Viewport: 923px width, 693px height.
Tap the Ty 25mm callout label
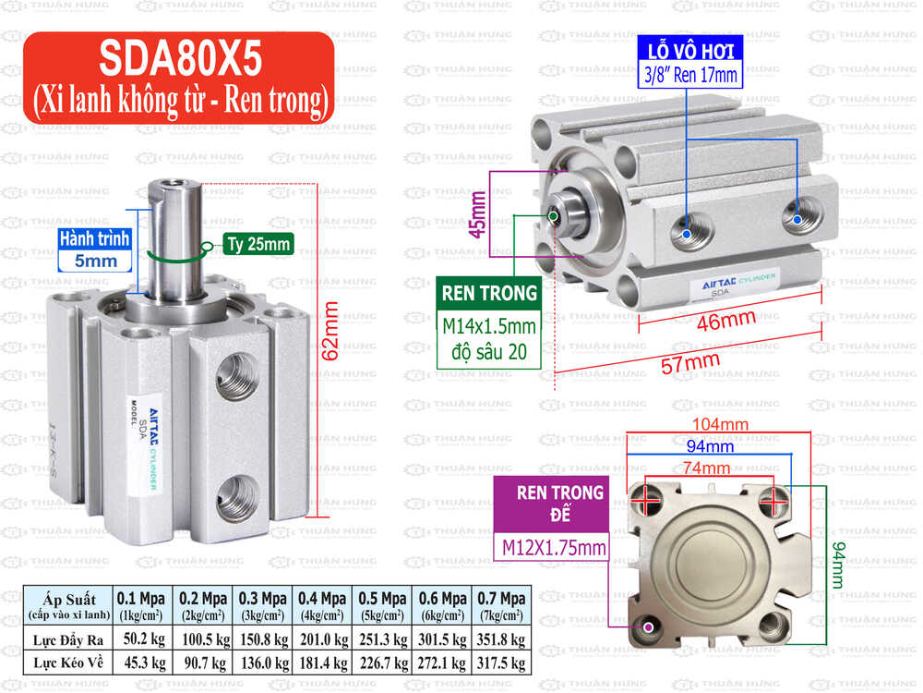258,245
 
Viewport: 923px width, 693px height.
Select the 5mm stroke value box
95,261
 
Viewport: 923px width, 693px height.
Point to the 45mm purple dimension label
478,215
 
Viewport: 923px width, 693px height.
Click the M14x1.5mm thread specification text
488,327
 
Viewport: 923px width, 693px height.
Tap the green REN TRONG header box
489,294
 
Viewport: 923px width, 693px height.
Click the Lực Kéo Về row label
69,662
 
